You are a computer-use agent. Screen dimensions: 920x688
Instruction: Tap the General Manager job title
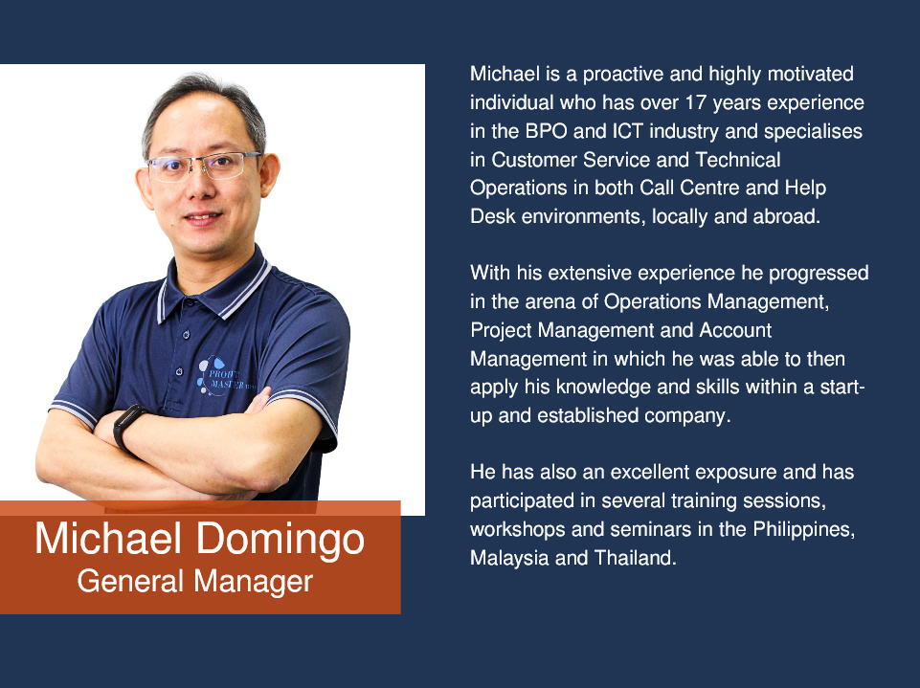194,582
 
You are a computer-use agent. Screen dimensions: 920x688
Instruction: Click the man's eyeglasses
202,166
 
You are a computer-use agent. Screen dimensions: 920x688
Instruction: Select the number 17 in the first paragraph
695,102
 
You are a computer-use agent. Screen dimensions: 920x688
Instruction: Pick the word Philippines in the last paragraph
803,530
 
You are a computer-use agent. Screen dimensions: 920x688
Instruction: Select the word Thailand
636,558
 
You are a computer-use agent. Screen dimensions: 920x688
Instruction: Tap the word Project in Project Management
501,331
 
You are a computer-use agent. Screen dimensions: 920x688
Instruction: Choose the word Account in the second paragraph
735,330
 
